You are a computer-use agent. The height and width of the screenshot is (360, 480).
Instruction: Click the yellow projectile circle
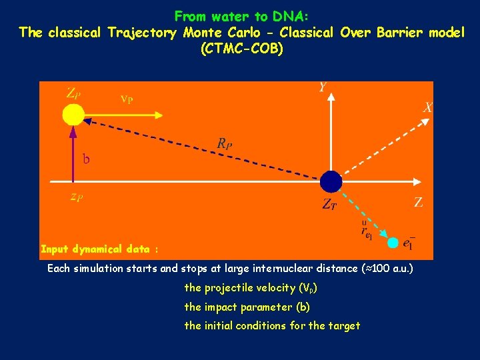73,115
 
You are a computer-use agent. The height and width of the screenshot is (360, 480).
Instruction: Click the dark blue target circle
331,181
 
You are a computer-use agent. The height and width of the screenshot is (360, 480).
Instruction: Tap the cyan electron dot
393,242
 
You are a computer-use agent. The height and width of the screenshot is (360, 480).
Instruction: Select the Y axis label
323,87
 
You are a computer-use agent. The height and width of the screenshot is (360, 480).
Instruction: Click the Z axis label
418,203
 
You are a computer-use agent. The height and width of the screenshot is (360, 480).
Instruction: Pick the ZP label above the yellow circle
73,93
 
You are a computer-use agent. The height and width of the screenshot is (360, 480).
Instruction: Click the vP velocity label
126,99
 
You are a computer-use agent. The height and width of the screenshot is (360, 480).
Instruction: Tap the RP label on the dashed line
225,143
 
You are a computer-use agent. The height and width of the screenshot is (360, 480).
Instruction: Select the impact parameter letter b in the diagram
86,159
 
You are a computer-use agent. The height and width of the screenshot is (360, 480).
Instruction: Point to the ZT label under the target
329,205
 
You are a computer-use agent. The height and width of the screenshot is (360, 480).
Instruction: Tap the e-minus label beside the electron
409,244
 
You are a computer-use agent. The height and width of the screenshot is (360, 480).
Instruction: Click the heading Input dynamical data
99,249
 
